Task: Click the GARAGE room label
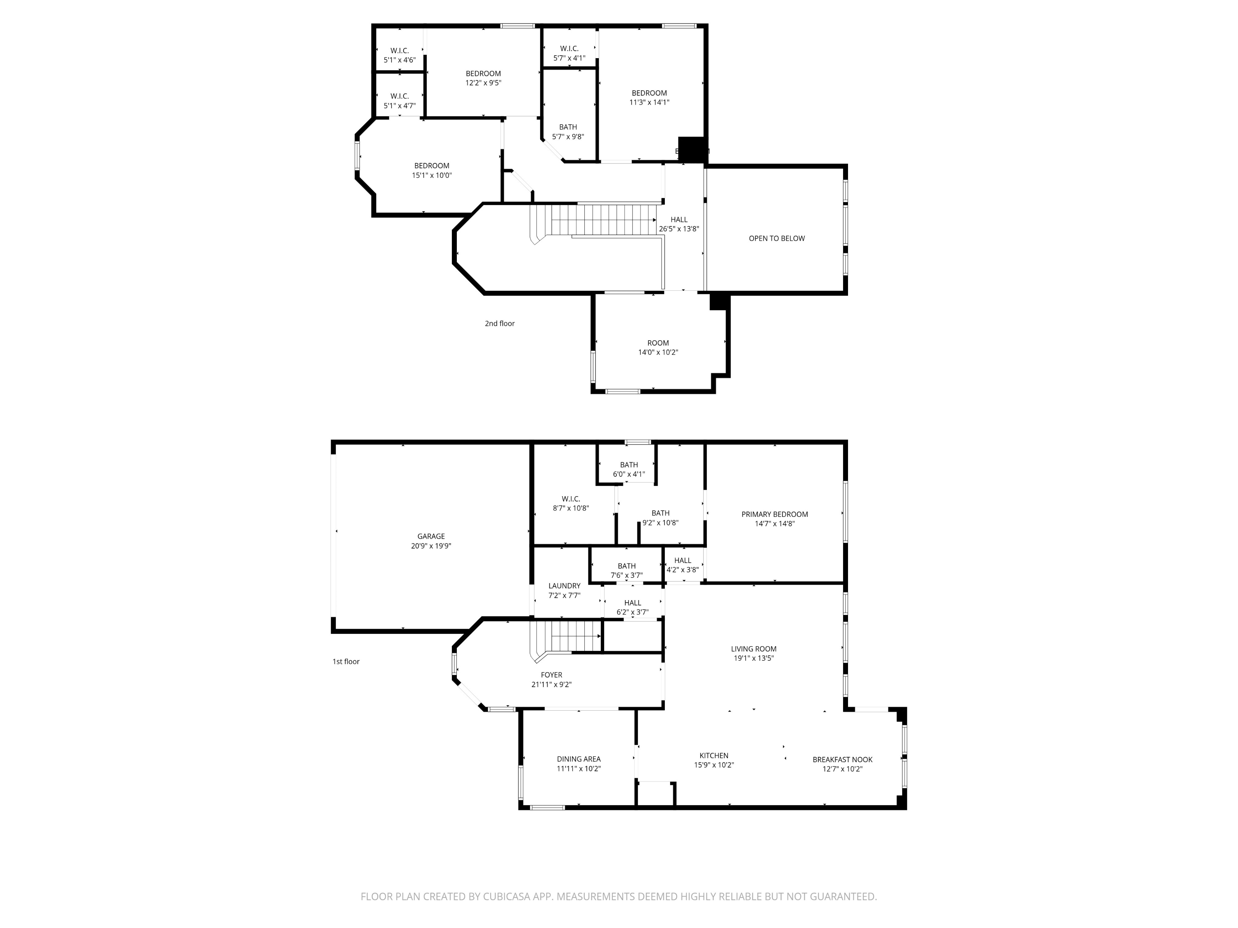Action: [x=430, y=536]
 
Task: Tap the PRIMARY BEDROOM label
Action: [x=774, y=514]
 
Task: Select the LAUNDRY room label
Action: [x=564, y=586]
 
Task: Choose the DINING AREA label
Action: [x=578, y=759]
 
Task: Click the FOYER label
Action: [x=551, y=675]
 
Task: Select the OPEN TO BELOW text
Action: [x=776, y=238]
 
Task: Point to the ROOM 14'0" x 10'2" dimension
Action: [x=658, y=352]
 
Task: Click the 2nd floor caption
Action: [x=499, y=323]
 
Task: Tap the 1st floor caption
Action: [x=346, y=661]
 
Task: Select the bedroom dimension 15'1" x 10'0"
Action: [x=432, y=175]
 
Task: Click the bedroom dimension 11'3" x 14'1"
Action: [x=649, y=102]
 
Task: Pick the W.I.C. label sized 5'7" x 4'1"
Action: [x=569, y=49]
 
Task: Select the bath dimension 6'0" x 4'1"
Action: [x=628, y=474]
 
